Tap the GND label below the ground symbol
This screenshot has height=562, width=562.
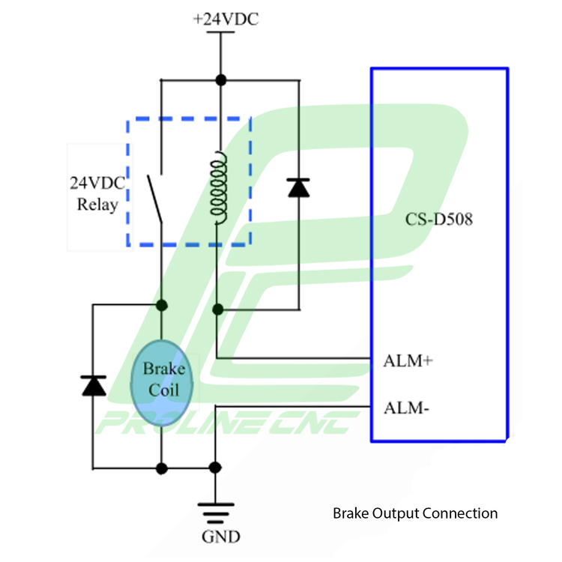[x=221, y=537]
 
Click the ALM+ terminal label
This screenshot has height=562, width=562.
[x=408, y=360]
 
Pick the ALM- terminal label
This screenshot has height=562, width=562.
[x=406, y=408]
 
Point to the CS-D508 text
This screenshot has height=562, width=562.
[x=439, y=220]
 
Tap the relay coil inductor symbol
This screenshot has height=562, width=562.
[x=218, y=188]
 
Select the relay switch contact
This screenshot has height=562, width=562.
[x=155, y=197]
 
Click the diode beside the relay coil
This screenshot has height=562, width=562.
[x=299, y=187]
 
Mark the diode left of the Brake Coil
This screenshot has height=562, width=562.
[x=93, y=384]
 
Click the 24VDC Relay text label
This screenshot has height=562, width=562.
[x=97, y=193]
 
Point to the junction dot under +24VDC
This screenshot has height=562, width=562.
[x=220, y=79]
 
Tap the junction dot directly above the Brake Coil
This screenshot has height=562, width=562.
[x=161, y=304]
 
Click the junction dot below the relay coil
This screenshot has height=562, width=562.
[x=218, y=309]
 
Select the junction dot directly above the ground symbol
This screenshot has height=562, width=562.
[x=215, y=468]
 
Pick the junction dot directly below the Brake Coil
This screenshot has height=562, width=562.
[x=161, y=468]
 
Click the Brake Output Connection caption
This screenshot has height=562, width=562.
[x=414, y=513]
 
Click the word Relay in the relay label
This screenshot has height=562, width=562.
[x=97, y=204]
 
